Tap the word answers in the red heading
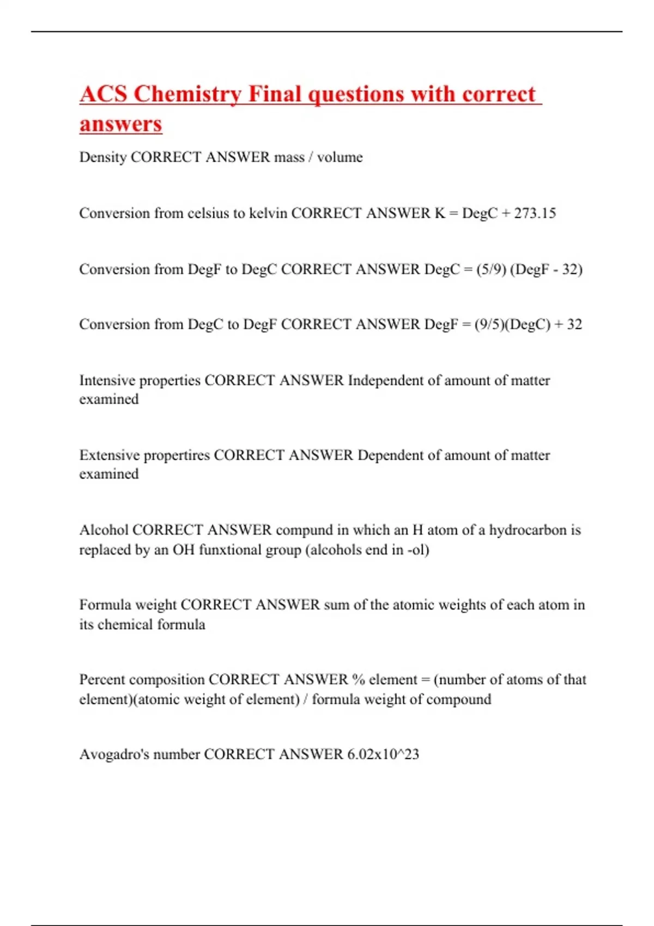tap(120, 124)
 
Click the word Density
tap(102, 157)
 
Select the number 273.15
tap(535, 213)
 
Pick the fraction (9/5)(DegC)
tap(512, 325)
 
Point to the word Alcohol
tap(104, 530)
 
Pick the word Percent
tap(102, 679)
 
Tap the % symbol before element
tap(358, 679)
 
